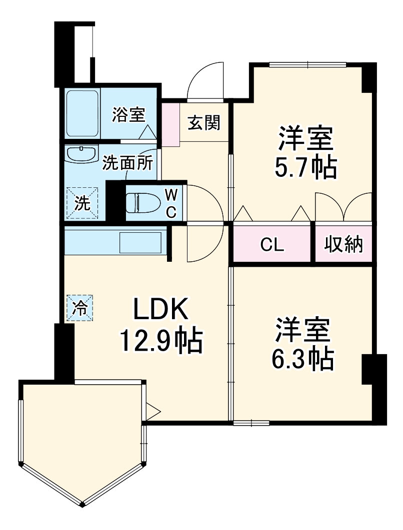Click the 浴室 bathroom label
pos(128,115)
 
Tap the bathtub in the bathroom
pos(82,114)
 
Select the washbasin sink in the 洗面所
pos(81,155)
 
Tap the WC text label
pos(171,203)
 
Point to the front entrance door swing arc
pos(204,80)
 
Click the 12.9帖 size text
pos(160,341)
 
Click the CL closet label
pos(272,245)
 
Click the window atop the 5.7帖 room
pos(307,64)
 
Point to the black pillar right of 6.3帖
pos(373,389)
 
